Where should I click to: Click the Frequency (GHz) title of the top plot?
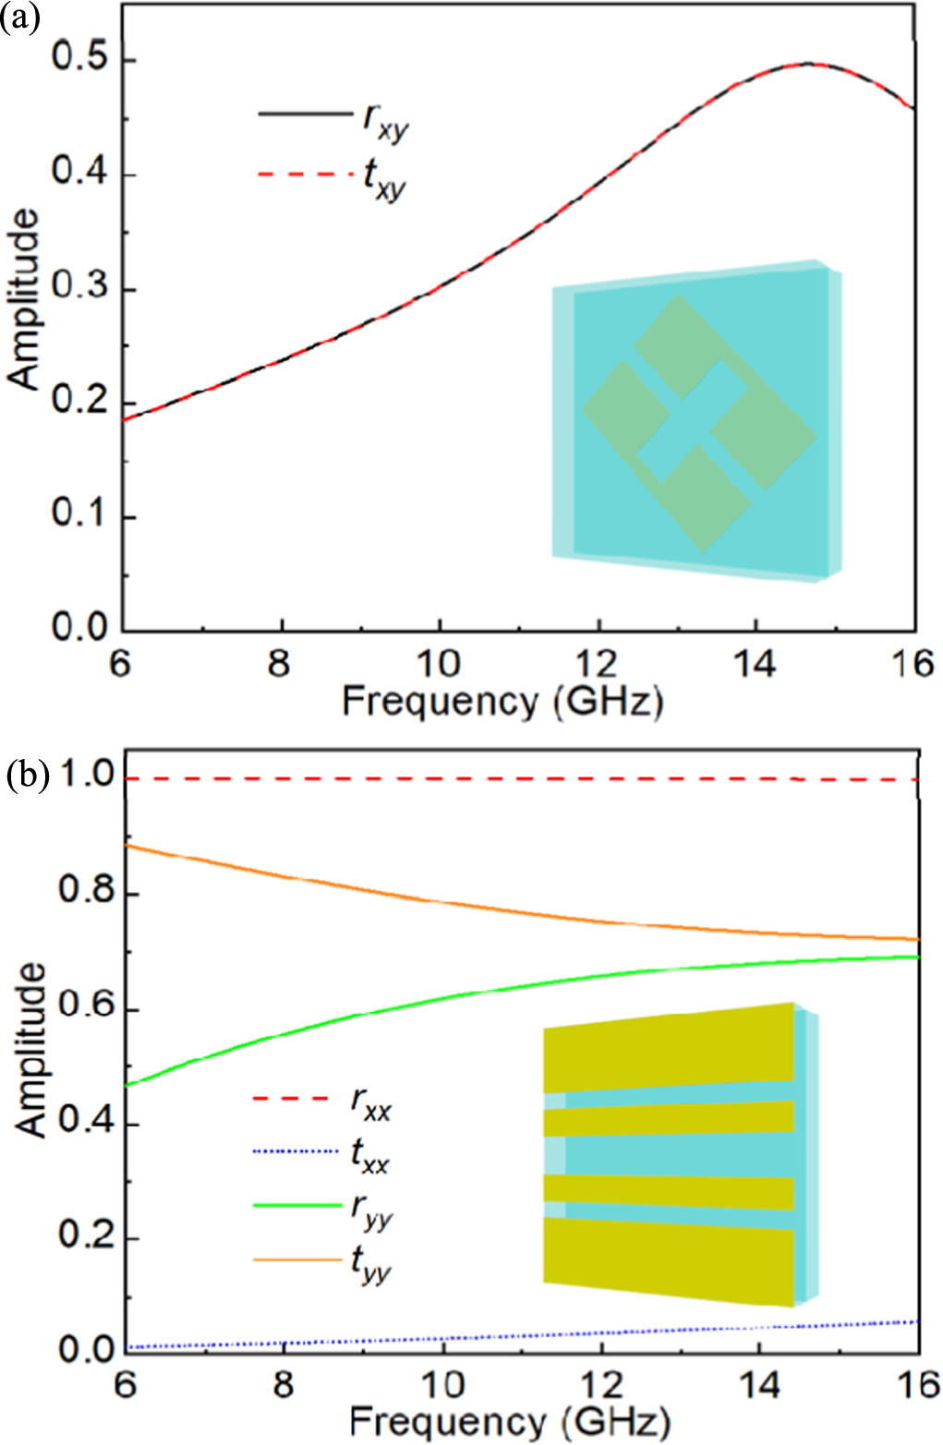tap(502, 703)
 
